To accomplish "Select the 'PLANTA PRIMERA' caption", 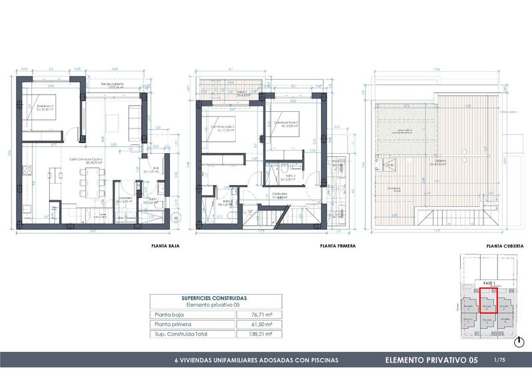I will pos(337,246).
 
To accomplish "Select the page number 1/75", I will pos(499,360).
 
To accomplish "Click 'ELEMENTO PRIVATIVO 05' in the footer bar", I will pos(431,360).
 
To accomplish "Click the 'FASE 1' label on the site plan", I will pos(489,282).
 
